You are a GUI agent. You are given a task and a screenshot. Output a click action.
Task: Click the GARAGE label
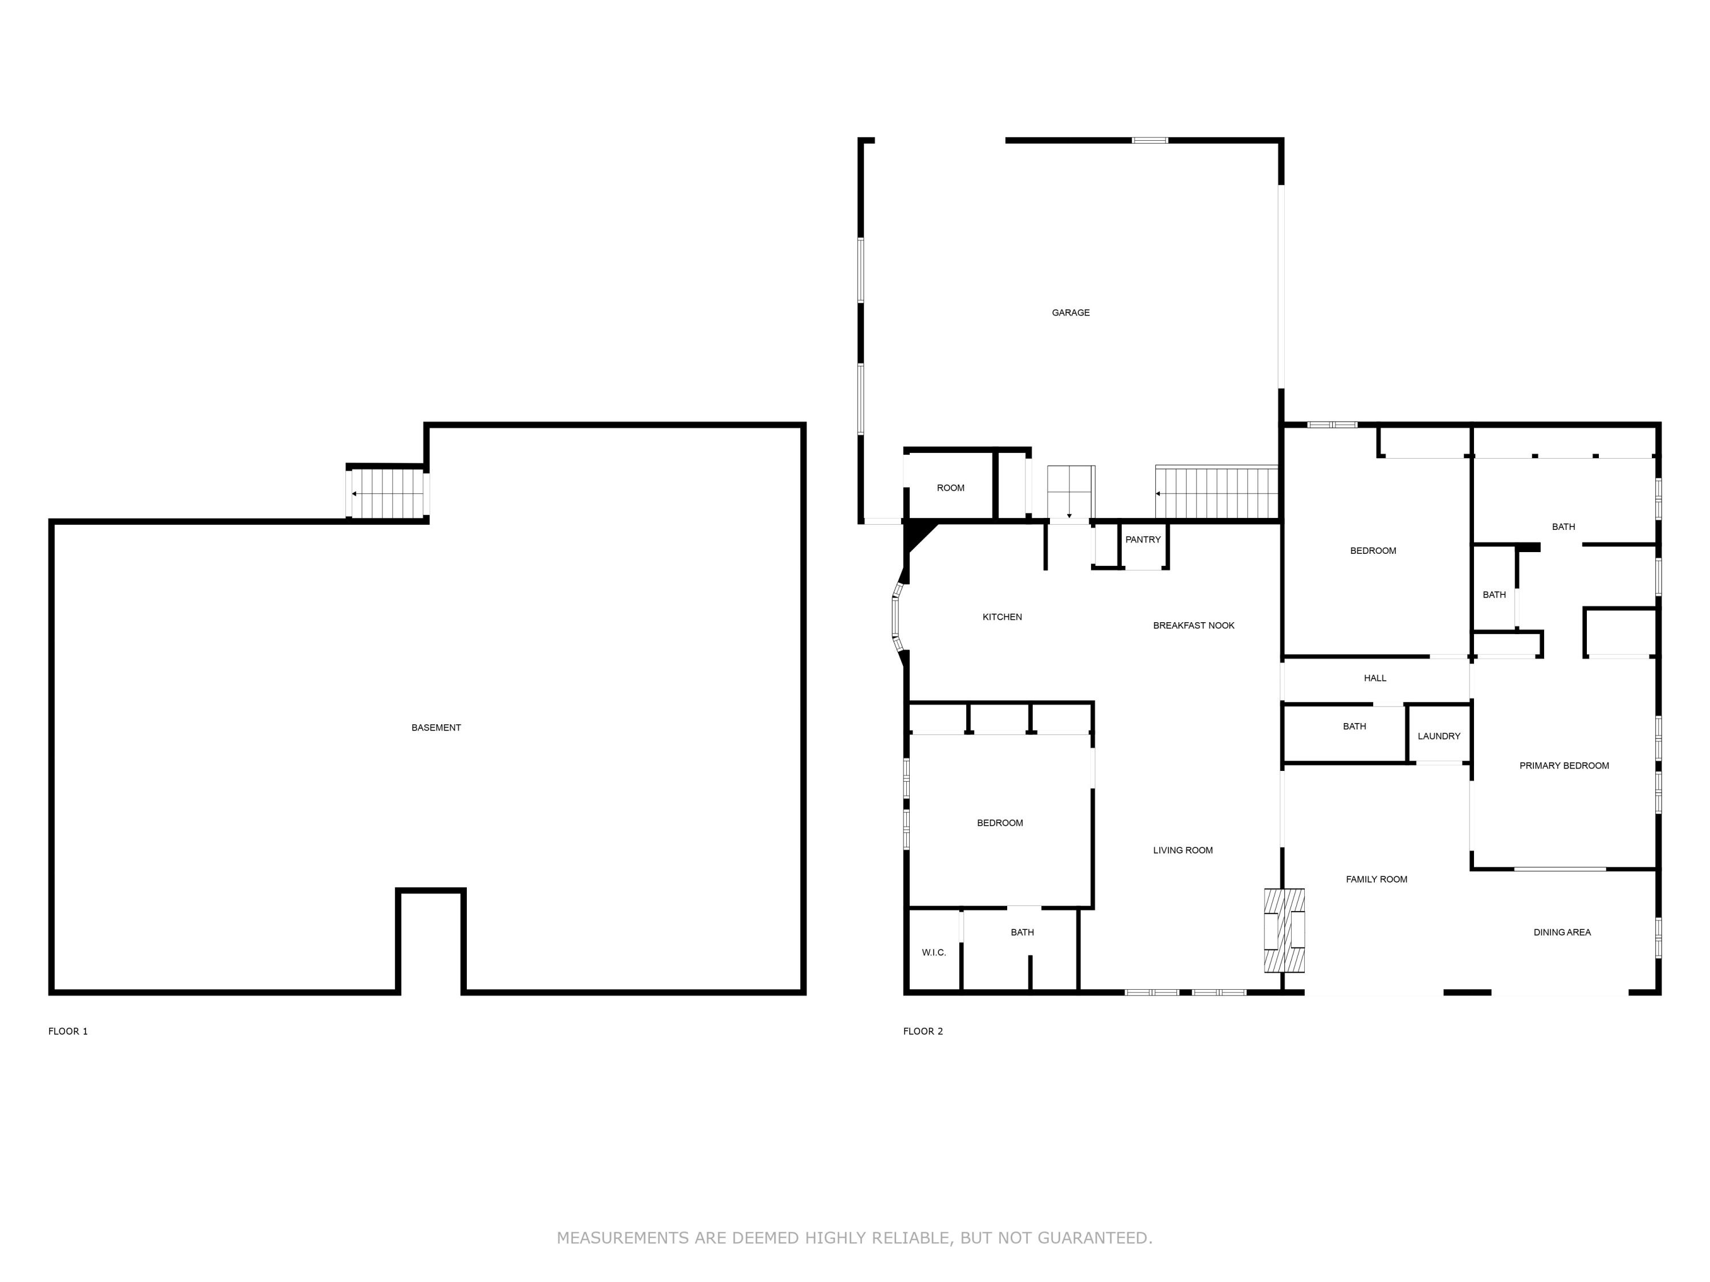[1070, 313]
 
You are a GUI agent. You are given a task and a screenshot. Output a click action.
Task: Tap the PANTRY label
[1143, 540]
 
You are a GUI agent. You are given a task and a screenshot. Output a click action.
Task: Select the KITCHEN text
[1002, 616]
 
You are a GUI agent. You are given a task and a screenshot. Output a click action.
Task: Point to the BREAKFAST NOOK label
[1193, 625]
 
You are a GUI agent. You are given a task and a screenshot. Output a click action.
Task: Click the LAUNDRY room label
[1439, 736]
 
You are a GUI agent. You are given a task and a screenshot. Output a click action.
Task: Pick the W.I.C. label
[933, 952]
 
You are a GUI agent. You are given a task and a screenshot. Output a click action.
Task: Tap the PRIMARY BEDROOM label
[1564, 765]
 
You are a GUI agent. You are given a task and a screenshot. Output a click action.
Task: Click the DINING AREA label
[1562, 932]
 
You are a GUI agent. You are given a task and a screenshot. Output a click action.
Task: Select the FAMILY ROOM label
[1376, 879]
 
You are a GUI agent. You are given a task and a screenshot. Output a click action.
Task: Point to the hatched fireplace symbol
[1284, 930]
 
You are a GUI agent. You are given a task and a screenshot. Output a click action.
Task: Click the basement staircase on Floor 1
[387, 493]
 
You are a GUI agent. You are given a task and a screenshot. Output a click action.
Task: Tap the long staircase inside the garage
[1216, 492]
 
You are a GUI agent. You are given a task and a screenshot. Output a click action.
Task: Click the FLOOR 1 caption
[68, 1031]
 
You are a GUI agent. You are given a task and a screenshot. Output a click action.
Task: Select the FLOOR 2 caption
[923, 1031]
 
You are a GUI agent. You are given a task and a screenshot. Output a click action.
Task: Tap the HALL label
[1374, 677]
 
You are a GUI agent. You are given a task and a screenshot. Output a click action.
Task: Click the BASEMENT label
[436, 727]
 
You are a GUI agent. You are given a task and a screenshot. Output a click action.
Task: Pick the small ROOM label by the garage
[950, 488]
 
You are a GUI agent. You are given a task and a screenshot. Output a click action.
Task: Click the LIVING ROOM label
[1182, 850]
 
